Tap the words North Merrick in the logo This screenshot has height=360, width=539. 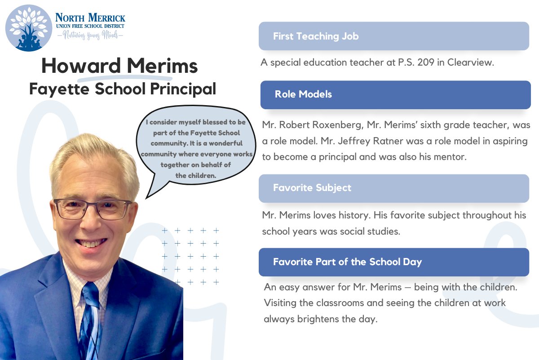(90, 18)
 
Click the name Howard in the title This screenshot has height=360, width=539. (81, 67)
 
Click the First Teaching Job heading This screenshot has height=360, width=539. (316, 36)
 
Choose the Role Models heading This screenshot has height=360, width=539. (303, 94)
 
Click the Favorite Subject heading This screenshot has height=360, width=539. (312, 187)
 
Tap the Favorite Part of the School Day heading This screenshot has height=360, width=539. (347, 262)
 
